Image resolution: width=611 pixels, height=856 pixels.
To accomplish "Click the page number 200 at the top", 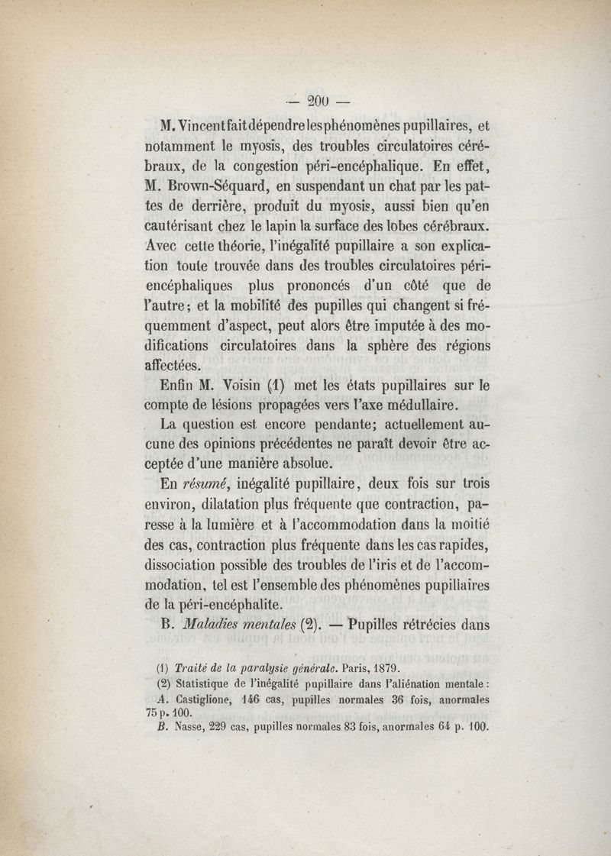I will [x=317, y=99].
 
